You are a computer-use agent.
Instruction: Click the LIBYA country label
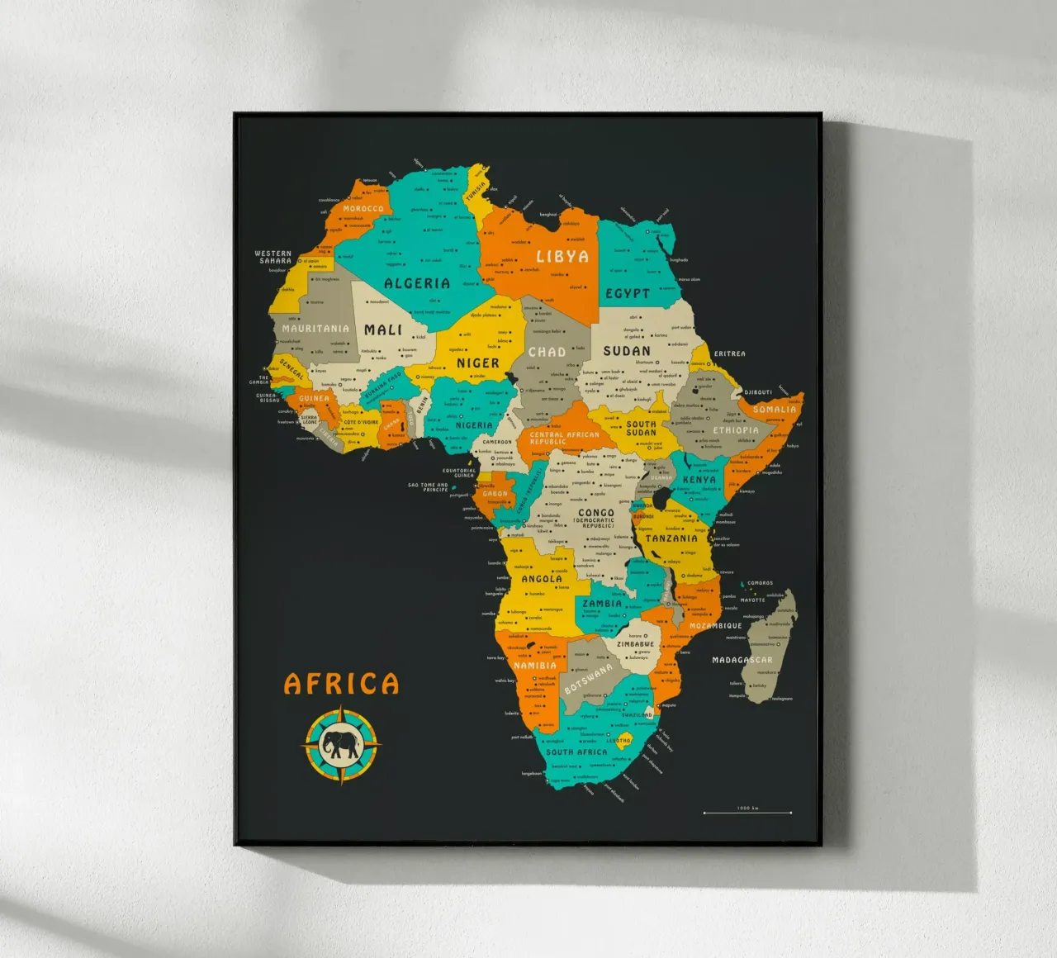562,257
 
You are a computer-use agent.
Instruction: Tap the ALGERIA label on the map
417,283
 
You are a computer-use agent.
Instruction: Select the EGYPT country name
628,293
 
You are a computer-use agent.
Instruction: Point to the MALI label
383,330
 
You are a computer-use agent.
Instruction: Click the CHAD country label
547,352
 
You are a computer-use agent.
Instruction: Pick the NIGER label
478,363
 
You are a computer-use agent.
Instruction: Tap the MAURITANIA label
315,329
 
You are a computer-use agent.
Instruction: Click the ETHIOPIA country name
735,430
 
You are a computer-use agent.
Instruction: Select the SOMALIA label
775,410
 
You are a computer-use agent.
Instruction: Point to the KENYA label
699,479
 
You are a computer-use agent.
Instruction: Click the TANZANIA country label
671,538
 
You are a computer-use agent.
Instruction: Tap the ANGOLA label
542,579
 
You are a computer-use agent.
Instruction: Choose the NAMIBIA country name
535,666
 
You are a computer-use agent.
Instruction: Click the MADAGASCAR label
742,660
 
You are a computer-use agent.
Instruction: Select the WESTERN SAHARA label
273,257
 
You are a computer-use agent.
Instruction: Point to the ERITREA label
729,353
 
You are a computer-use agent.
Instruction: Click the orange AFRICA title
341,684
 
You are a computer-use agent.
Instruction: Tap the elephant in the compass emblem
342,745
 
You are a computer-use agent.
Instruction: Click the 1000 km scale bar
747,813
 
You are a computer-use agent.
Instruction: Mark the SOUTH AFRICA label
576,752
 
